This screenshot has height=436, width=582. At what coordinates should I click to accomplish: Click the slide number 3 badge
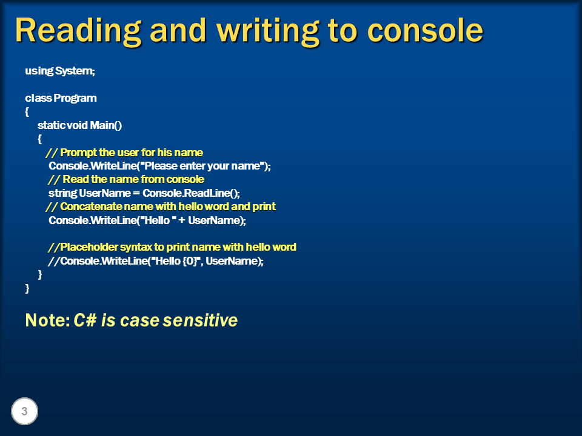24,412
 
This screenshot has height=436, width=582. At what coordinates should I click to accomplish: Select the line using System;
60,71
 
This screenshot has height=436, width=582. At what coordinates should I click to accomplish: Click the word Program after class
75,98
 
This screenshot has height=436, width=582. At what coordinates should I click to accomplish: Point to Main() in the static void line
106,125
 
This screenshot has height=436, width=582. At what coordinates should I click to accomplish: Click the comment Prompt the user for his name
132,153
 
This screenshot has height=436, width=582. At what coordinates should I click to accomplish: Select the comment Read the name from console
133,180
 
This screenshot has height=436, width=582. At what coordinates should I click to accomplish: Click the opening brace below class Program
27,112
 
